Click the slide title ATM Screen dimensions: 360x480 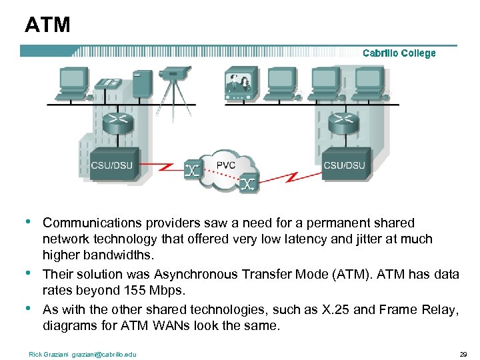(x=47, y=25)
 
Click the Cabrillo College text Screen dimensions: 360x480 (x=399, y=53)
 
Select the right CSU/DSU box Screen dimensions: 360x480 (x=344, y=164)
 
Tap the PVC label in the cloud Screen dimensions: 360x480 (x=226, y=164)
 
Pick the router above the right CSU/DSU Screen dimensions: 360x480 (x=343, y=120)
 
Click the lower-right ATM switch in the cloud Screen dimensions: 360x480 (x=248, y=182)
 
